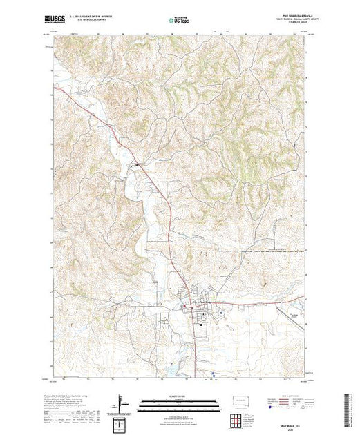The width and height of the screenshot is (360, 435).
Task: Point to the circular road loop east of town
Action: [x=221, y=312]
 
